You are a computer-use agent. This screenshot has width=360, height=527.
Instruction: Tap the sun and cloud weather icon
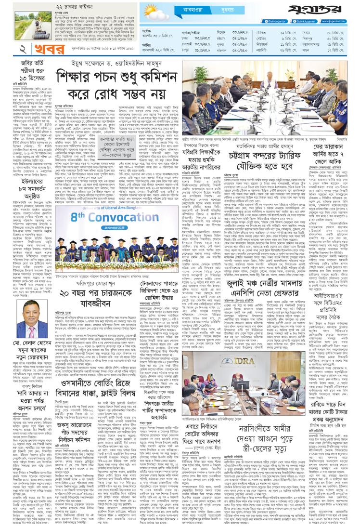pyautogui.click(x=153, y=12)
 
